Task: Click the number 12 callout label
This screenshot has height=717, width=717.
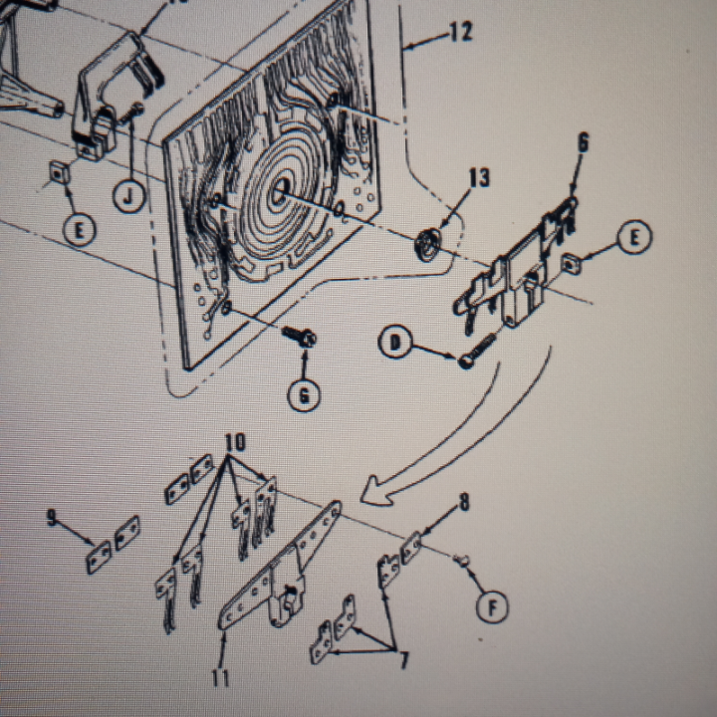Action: (x=460, y=32)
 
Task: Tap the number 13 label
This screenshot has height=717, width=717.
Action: (x=479, y=178)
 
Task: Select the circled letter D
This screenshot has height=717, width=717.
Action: (x=395, y=345)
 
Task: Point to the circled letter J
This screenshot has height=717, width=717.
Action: (x=127, y=196)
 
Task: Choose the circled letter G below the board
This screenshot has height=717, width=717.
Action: (x=305, y=395)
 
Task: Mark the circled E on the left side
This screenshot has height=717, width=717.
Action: (x=81, y=230)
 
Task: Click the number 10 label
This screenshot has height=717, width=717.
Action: (x=234, y=441)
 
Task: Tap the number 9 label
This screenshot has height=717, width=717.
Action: (x=53, y=517)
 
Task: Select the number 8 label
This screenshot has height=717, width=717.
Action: (x=462, y=503)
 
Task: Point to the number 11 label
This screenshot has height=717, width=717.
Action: (x=220, y=677)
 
